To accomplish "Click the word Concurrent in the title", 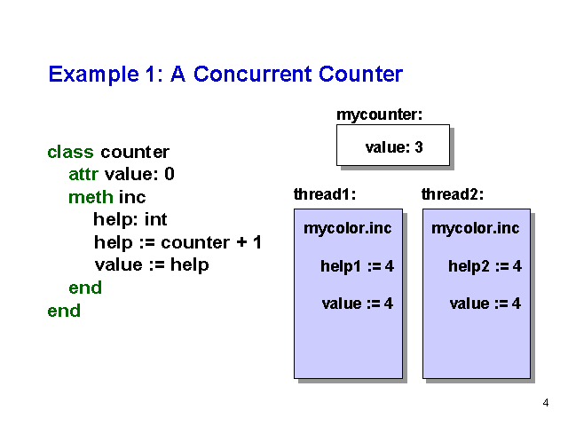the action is (x=252, y=74).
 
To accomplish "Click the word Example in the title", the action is (x=93, y=75).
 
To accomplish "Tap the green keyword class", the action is (x=70, y=152).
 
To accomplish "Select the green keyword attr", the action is (x=83, y=174).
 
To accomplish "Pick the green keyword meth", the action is (x=91, y=197).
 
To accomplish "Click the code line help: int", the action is (x=130, y=219).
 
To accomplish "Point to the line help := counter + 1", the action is (x=177, y=242).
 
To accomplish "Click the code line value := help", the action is (x=152, y=264).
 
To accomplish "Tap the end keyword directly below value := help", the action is (x=85, y=288).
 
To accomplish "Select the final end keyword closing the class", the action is (x=64, y=311).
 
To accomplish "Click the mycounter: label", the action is (x=379, y=114).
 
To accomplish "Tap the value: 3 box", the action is (x=393, y=146).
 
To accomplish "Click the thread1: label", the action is (x=325, y=194).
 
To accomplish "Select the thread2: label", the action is (x=453, y=194).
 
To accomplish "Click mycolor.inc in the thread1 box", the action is (x=347, y=228).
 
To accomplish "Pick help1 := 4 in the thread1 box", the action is (x=357, y=266).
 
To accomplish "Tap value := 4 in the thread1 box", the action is (x=357, y=304).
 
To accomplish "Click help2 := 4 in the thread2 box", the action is (x=485, y=266).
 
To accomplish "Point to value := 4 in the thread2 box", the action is (x=485, y=304).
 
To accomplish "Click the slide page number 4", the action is (x=546, y=403).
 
